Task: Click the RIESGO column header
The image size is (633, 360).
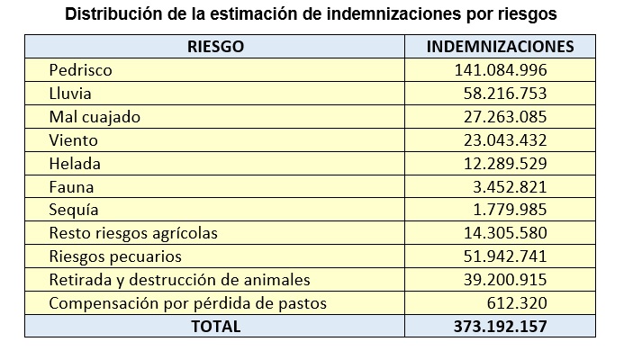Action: point(215,46)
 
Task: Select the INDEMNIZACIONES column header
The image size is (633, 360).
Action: point(499,46)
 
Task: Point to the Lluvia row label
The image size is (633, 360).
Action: point(71,93)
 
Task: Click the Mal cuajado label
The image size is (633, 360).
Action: point(95,116)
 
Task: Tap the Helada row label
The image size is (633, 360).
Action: point(76,163)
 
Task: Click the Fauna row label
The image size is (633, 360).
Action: point(72,187)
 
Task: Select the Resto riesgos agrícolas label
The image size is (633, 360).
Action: point(133,233)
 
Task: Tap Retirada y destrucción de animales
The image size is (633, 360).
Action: point(179,280)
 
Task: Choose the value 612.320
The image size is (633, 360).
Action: point(519,303)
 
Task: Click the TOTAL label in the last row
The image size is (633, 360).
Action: point(215,327)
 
